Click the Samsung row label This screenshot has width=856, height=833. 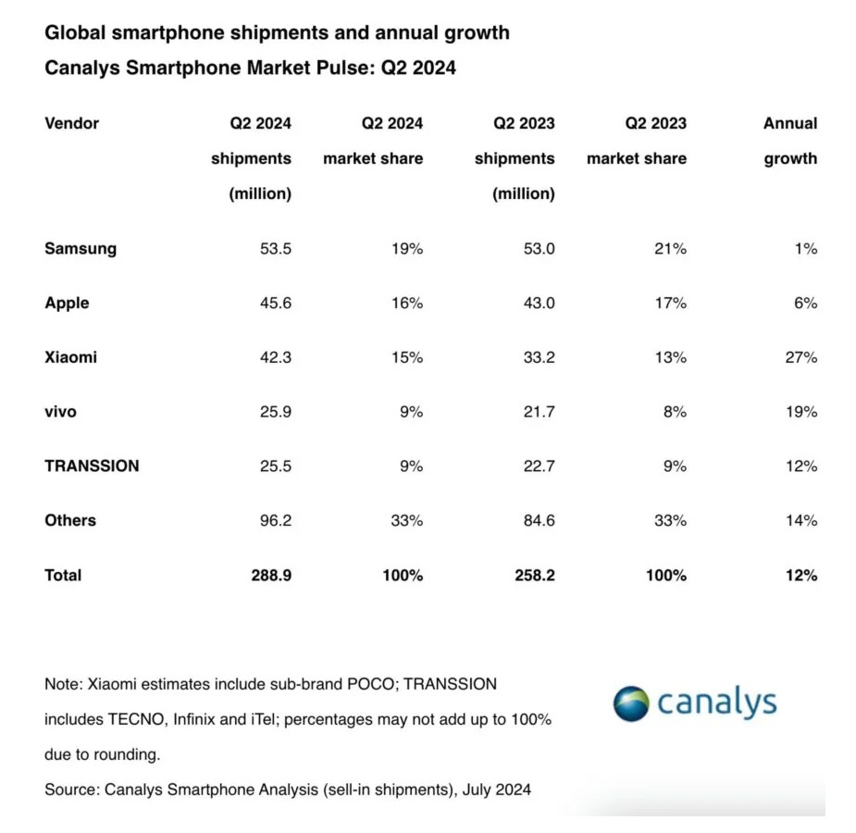click(81, 249)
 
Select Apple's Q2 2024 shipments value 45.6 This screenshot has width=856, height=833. click(274, 304)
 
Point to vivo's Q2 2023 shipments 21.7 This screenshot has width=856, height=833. click(538, 412)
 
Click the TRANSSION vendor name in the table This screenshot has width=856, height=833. click(92, 466)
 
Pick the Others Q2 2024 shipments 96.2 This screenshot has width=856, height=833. click(274, 521)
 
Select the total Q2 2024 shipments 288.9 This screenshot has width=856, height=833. click(270, 576)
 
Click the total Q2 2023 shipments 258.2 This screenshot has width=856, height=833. click(534, 576)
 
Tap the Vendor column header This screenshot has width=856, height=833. click(71, 123)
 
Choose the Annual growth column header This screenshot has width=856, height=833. click(790, 141)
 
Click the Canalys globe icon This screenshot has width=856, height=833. click(632, 703)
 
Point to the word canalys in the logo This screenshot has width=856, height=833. click(717, 703)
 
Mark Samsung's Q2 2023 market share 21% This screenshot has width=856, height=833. click(668, 249)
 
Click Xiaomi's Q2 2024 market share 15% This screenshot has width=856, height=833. click(405, 357)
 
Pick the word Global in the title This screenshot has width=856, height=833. click(76, 32)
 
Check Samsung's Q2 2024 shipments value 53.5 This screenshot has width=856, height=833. click(274, 249)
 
